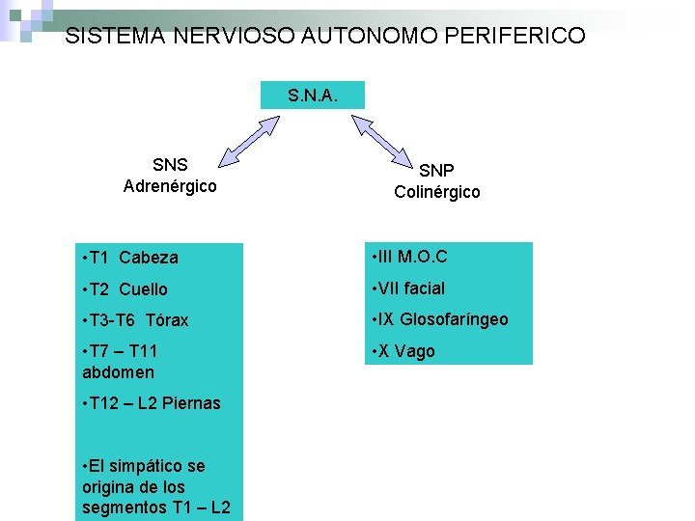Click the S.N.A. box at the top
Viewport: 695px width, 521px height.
click(312, 95)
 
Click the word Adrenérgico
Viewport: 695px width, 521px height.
click(170, 185)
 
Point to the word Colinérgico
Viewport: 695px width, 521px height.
click(436, 192)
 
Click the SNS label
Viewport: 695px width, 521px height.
click(170, 165)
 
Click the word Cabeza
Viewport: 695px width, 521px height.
click(149, 258)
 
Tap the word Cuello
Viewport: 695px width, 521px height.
click(143, 288)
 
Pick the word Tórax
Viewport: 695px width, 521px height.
click(168, 319)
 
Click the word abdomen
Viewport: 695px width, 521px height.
click(118, 372)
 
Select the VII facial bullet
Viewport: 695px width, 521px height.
click(410, 288)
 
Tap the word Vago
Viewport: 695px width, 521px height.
click(416, 351)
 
